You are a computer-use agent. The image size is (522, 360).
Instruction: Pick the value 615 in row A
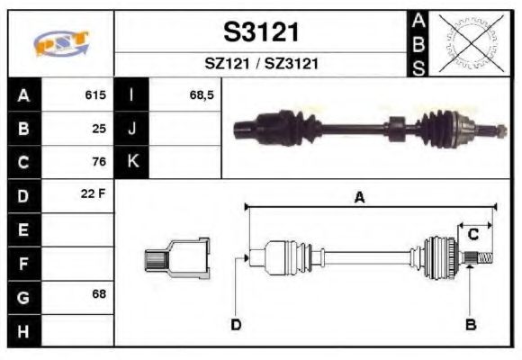95,94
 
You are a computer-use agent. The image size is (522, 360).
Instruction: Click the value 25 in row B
99,128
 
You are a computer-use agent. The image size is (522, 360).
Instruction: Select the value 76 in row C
99,162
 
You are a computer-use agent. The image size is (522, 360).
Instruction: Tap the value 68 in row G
99,294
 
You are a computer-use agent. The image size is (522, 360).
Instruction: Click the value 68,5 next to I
202,94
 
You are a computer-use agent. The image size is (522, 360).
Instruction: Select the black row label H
23,330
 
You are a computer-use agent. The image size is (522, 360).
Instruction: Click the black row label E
23,229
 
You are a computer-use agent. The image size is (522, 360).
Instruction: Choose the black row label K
132,162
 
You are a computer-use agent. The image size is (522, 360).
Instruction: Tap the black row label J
132,128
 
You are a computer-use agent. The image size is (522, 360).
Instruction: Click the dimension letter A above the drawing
359,198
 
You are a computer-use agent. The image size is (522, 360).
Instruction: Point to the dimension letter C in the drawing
472,235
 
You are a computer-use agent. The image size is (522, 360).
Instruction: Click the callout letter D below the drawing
236,324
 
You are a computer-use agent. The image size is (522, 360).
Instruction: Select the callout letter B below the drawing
470,324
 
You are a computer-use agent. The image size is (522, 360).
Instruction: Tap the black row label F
23,263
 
